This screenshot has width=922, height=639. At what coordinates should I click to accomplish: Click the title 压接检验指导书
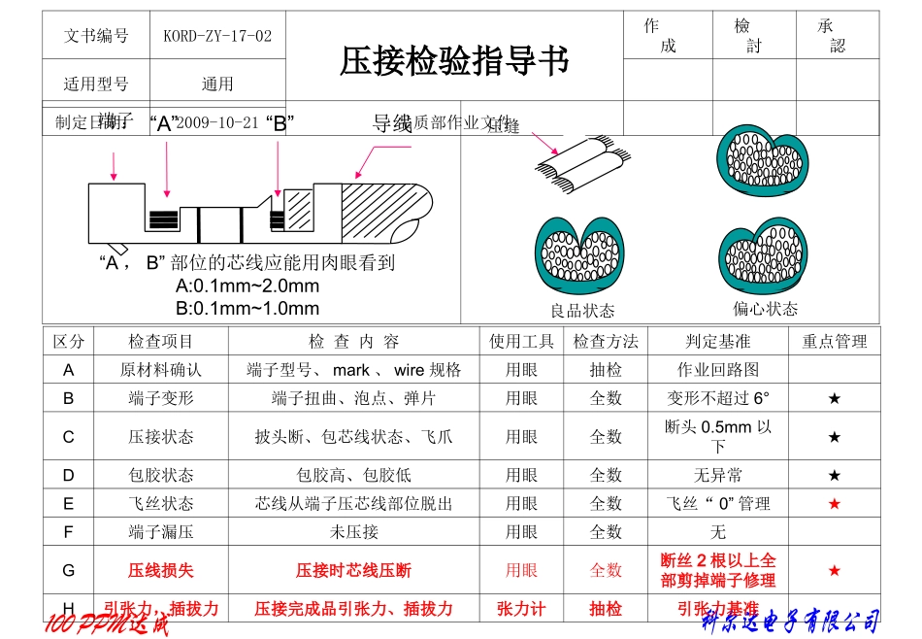(453, 62)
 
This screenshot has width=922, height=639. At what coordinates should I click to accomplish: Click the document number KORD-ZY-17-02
(217, 36)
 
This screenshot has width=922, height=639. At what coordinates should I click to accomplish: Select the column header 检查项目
(161, 341)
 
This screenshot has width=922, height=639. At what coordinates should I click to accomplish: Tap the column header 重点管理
(834, 341)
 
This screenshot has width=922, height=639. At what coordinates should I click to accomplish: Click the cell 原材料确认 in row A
(161, 370)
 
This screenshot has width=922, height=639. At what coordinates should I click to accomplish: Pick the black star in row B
(834, 398)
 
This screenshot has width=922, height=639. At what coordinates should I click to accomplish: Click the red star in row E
(834, 503)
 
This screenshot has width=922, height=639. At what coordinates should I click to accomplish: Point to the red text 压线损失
(161, 570)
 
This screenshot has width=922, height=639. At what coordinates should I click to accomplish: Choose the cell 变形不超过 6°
(717, 398)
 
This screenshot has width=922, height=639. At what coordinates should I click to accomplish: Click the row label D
(68, 475)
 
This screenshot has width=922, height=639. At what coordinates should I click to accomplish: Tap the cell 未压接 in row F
(353, 532)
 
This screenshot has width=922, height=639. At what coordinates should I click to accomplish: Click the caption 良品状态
(582, 311)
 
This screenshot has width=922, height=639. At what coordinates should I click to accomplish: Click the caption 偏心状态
(765, 309)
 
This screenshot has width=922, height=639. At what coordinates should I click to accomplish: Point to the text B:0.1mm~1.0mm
(247, 309)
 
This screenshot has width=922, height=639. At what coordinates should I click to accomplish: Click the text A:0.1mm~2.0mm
(247, 286)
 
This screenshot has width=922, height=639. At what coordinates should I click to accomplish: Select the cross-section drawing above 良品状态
(581, 257)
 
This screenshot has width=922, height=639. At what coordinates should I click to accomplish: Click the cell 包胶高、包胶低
(353, 475)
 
